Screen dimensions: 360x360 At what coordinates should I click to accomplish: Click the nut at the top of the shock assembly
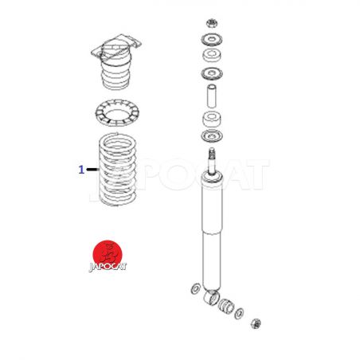[x=212, y=23]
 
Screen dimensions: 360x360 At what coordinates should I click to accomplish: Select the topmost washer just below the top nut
[x=212, y=40]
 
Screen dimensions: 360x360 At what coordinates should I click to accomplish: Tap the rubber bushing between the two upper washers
[x=212, y=55]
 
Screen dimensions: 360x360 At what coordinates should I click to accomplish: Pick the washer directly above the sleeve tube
[x=212, y=73]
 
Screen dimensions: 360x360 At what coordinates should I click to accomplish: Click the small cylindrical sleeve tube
[x=212, y=96]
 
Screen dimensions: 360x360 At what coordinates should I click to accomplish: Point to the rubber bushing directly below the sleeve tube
[x=212, y=119]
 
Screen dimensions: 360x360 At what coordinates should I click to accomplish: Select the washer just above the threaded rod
[x=212, y=136]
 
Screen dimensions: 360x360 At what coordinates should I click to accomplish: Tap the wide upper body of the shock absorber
[x=212, y=203]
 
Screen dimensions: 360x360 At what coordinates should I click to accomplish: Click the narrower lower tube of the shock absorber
[x=212, y=261]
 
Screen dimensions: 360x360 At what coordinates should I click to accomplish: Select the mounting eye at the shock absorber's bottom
[x=212, y=298]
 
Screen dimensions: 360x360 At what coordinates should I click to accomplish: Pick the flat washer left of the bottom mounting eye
[x=196, y=288]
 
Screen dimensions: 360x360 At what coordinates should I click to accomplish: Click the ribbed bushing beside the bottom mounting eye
[x=226, y=306]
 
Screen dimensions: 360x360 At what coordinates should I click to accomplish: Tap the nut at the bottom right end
[x=256, y=323]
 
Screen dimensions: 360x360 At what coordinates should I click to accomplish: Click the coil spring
[x=118, y=170]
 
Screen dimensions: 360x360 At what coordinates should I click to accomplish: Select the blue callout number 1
[x=81, y=170]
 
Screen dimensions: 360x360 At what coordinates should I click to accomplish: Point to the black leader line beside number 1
[x=92, y=169]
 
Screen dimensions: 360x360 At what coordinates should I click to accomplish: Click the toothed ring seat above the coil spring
[x=117, y=113]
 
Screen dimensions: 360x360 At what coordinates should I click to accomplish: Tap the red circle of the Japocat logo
[x=108, y=254]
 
